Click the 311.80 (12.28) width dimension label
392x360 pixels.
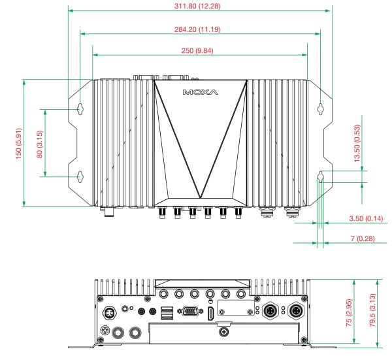(x=200, y=6)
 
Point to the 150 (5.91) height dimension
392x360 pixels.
(x=19, y=142)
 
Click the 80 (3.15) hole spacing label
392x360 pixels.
(x=39, y=142)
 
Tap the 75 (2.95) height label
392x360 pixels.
(x=350, y=313)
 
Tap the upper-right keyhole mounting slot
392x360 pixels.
(x=321, y=108)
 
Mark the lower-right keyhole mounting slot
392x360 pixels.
(x=321, y=176)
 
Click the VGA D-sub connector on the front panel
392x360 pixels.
(x=189, y=313)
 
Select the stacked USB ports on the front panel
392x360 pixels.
(x=166, y=314)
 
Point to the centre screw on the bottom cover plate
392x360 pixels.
(x=225, y=333)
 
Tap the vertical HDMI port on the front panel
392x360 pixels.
(x=210, y=314)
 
